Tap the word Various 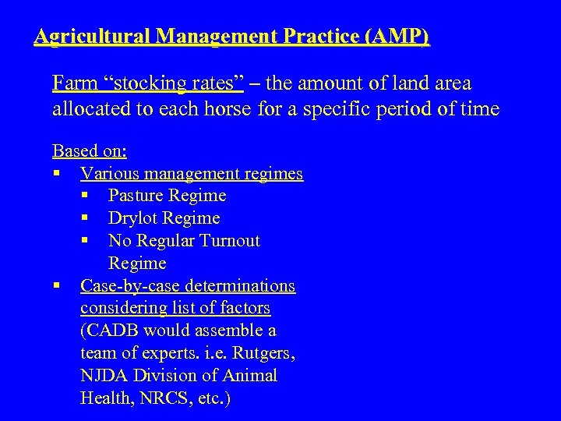click(111, 173)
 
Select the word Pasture click(137, 196)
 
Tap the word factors click(244, 308)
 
